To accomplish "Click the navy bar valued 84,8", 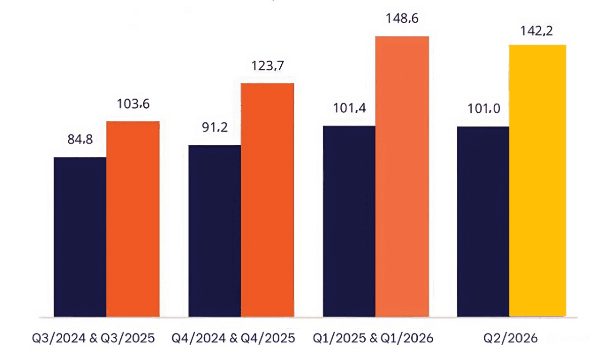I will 80,237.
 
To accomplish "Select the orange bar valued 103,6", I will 133,219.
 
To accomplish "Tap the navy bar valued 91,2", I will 214,231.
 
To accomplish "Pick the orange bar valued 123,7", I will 267,200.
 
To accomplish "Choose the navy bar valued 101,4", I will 349,221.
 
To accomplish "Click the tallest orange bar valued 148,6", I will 402,176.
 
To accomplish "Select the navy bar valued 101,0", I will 483,221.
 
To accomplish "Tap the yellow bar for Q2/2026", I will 537,181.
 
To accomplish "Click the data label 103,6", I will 133,105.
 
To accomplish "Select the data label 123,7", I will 267,66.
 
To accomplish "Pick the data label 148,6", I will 402,19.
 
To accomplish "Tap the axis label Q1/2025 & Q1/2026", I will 373,338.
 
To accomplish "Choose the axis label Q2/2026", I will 511,338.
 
